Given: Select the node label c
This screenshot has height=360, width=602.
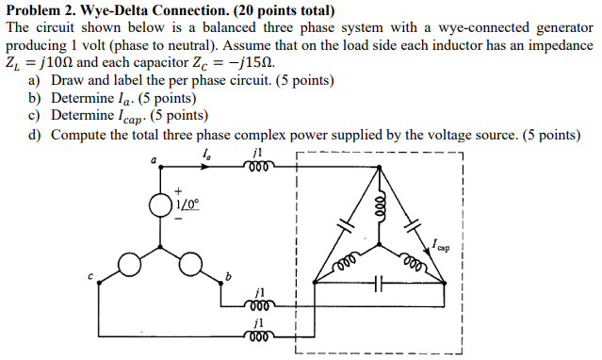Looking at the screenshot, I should point(91,276).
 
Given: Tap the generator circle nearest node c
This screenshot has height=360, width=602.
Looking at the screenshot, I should point(129,266).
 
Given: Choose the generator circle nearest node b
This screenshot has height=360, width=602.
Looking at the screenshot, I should point(192,266).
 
